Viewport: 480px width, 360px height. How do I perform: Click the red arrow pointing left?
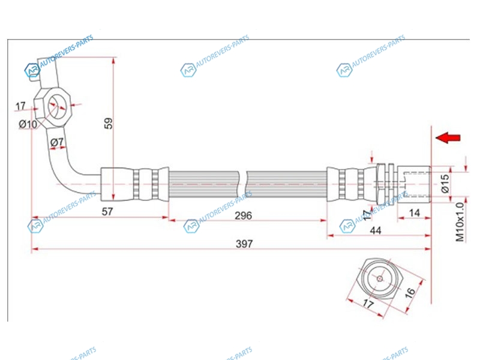pos(448,138)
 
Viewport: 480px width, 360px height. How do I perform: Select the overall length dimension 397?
pos(244,244)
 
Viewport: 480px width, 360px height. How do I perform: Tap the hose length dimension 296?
pos(244,216)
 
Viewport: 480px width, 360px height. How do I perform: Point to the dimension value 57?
pos(107,212)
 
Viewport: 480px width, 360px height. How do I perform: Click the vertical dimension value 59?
pos(109,124)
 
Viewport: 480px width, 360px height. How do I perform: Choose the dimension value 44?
pos(376,230)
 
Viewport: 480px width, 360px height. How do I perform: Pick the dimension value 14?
pos(414,213)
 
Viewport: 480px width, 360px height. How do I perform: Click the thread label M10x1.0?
pos(460,222)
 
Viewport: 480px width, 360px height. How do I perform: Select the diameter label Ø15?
pos(445,184)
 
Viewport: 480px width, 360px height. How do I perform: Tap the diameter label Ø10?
pos(28,124)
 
